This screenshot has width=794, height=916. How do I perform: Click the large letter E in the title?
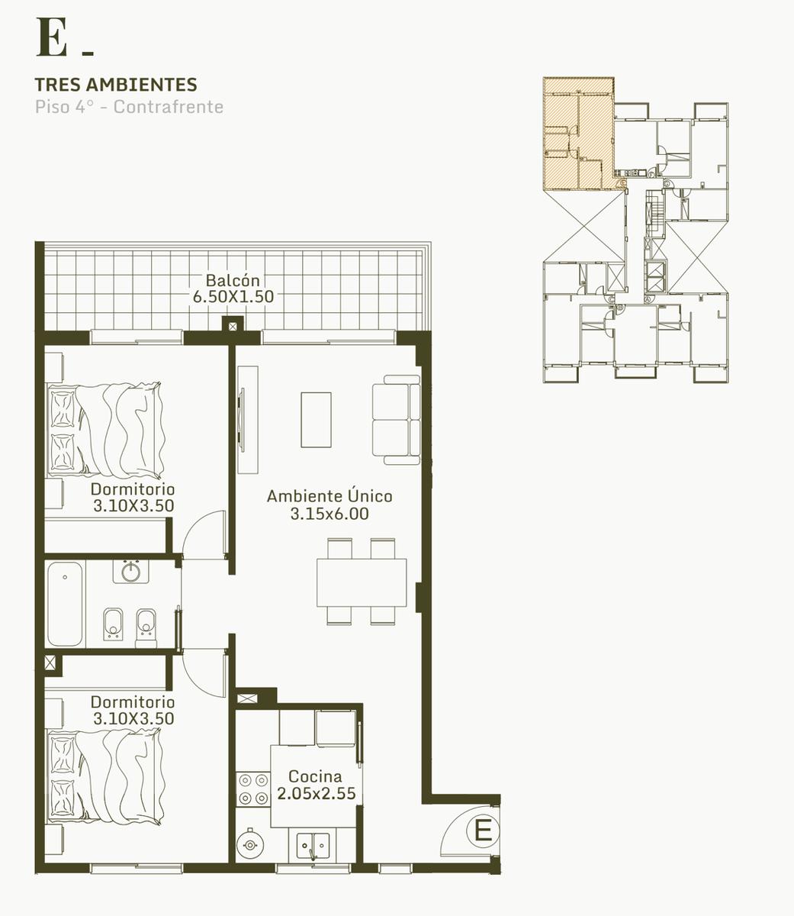pyautogui.click(x=51, y=37)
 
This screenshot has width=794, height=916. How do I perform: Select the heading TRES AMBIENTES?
pyautogui.click(x=116, y=85)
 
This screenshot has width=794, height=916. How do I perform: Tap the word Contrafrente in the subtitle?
pyautogui.click(x=169, y=107)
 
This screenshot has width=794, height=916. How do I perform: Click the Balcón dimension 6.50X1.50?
pyautogui.click(x=233, y=296)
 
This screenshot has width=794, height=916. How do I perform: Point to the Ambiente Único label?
pyautogui.click(x=329, y=495)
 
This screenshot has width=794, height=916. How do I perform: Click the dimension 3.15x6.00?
pyautogui.click(x=329, y=514)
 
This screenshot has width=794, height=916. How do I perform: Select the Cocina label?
pyautogui.click(x=315, y=776)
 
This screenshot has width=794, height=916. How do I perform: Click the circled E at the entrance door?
pyautogui.click(x=482, y=831)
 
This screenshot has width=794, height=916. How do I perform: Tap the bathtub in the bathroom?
pyautogui.click(x=65, y=604)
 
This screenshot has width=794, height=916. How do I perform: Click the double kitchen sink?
pyautogui.click(x=313, y=845)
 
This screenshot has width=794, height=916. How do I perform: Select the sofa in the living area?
pyautogui.click(x=397, y=420)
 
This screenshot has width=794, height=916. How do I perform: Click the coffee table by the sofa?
pyautogui.click(x=317, y=420)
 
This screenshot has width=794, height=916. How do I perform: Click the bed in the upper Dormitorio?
pyautogui.click(x=105, y=431)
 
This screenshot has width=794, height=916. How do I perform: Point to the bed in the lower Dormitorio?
pyautogui.click(x=105, y=777)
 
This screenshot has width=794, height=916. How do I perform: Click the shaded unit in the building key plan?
pyautogui.click(x=580, y=134)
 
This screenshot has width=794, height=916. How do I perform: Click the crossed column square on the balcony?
pyautogui.click(x=233, y=327)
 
